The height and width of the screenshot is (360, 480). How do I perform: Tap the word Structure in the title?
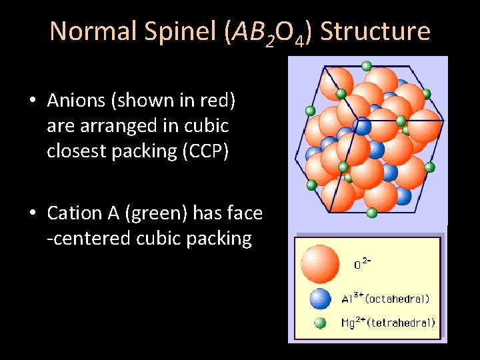pos(375,31)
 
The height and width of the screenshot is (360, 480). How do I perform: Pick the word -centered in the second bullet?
pos(98,239)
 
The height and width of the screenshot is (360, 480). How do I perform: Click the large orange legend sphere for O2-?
pos(320,263)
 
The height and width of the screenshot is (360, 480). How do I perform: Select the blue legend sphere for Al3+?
pos(320,298)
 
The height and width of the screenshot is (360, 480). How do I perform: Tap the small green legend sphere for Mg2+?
pos(320,323)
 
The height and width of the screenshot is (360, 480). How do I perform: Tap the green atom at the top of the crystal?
pos(366,65)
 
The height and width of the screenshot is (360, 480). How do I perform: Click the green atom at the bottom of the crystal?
pos(372,213)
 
